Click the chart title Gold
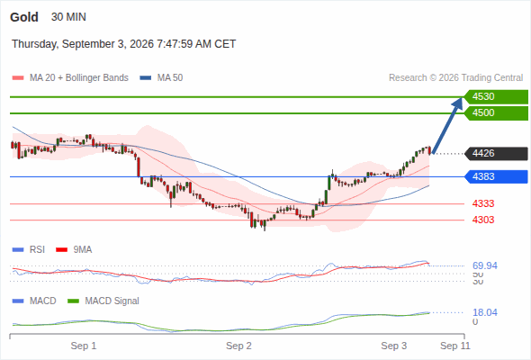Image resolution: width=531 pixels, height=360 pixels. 24,17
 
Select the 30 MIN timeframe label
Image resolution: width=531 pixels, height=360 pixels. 68,17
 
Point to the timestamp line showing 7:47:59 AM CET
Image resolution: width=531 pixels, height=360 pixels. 123,44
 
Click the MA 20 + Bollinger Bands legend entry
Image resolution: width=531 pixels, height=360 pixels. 70,78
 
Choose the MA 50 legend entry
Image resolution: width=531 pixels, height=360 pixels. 161,78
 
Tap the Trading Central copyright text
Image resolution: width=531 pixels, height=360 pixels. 455,78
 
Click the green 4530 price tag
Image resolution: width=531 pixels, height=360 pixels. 496,97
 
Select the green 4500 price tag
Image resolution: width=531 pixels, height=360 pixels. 496,113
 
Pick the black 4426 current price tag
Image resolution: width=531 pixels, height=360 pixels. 496,153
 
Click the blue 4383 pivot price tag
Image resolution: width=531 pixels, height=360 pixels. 496,176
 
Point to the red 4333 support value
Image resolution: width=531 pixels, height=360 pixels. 483,204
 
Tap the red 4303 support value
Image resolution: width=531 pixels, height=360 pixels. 483,220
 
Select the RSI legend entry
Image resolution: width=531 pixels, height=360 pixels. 29,250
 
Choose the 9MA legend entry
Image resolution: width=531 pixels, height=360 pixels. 74,250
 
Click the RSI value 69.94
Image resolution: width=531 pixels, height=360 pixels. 485,265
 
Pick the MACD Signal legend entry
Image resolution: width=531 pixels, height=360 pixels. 103,301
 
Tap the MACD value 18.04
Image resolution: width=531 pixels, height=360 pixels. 485,312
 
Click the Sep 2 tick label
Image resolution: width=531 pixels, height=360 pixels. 238,346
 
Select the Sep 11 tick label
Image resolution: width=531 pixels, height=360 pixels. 455,346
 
